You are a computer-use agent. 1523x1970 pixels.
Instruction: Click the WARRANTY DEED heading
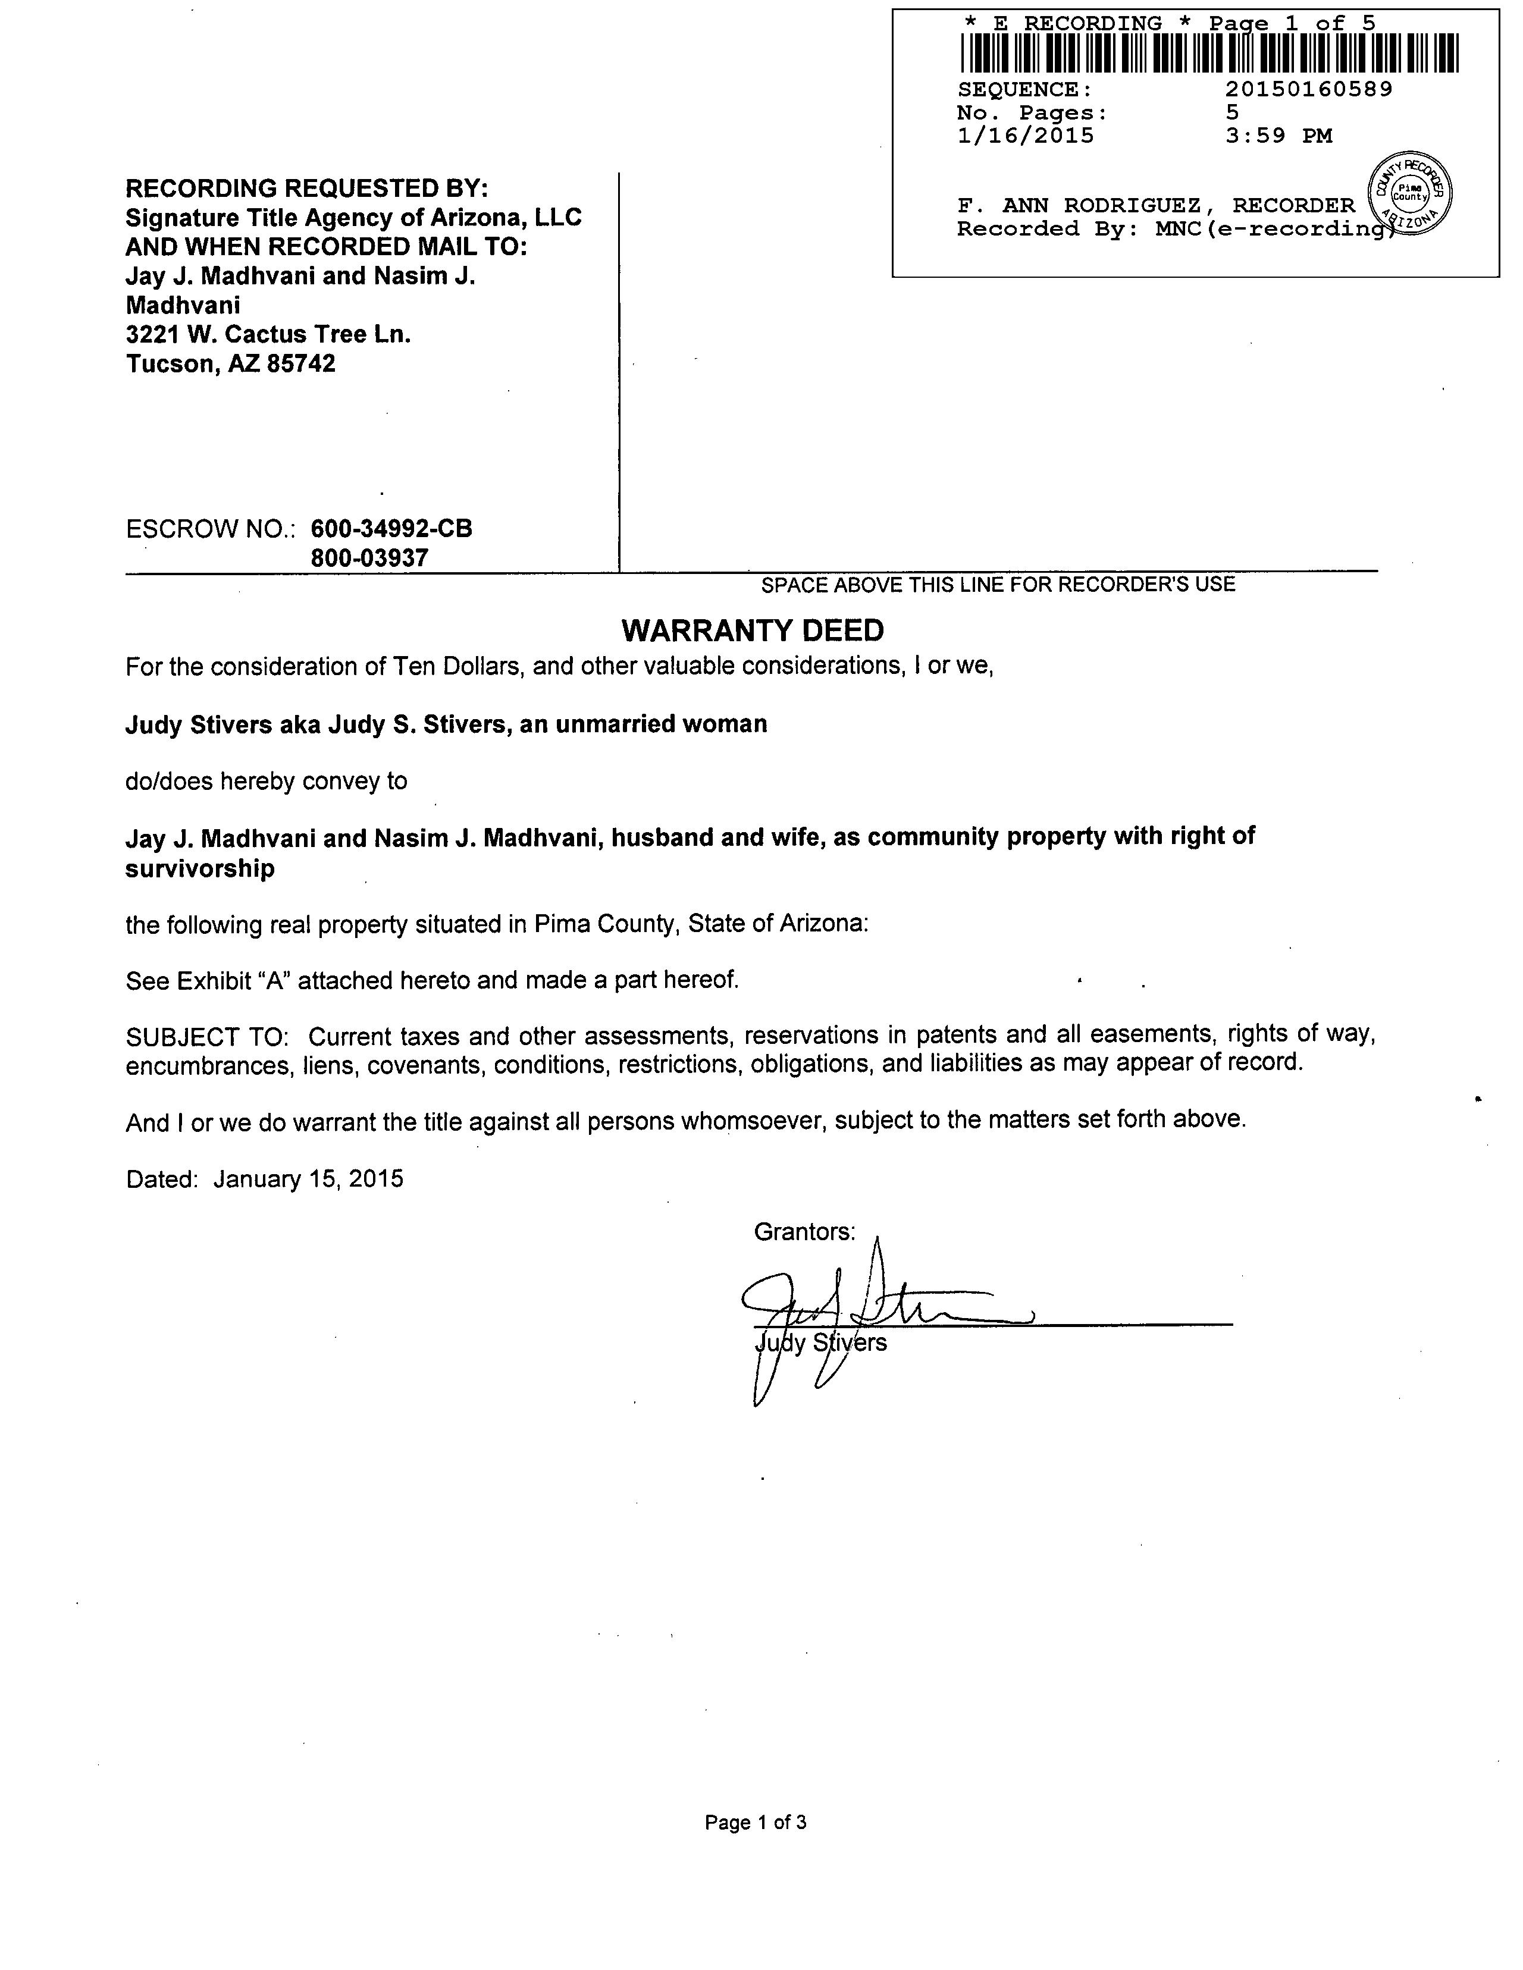click(x=753, y=630)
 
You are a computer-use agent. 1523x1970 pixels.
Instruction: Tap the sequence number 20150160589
click(x=1308, y=89)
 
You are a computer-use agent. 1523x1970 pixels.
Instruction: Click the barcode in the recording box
click(x=1209, y=53)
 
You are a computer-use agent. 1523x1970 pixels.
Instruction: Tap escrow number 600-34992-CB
click(x=391, y=529)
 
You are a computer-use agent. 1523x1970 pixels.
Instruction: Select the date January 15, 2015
click(x=308, y=1179)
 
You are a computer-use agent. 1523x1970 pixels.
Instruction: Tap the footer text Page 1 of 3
click(x=755, y=1822)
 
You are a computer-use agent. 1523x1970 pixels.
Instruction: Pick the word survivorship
click(x=200, y=868)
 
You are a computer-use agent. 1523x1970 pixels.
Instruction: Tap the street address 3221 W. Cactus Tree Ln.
click(x=268, y=335)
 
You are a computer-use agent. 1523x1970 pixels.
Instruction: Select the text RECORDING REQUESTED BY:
click(x=307, y=189)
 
